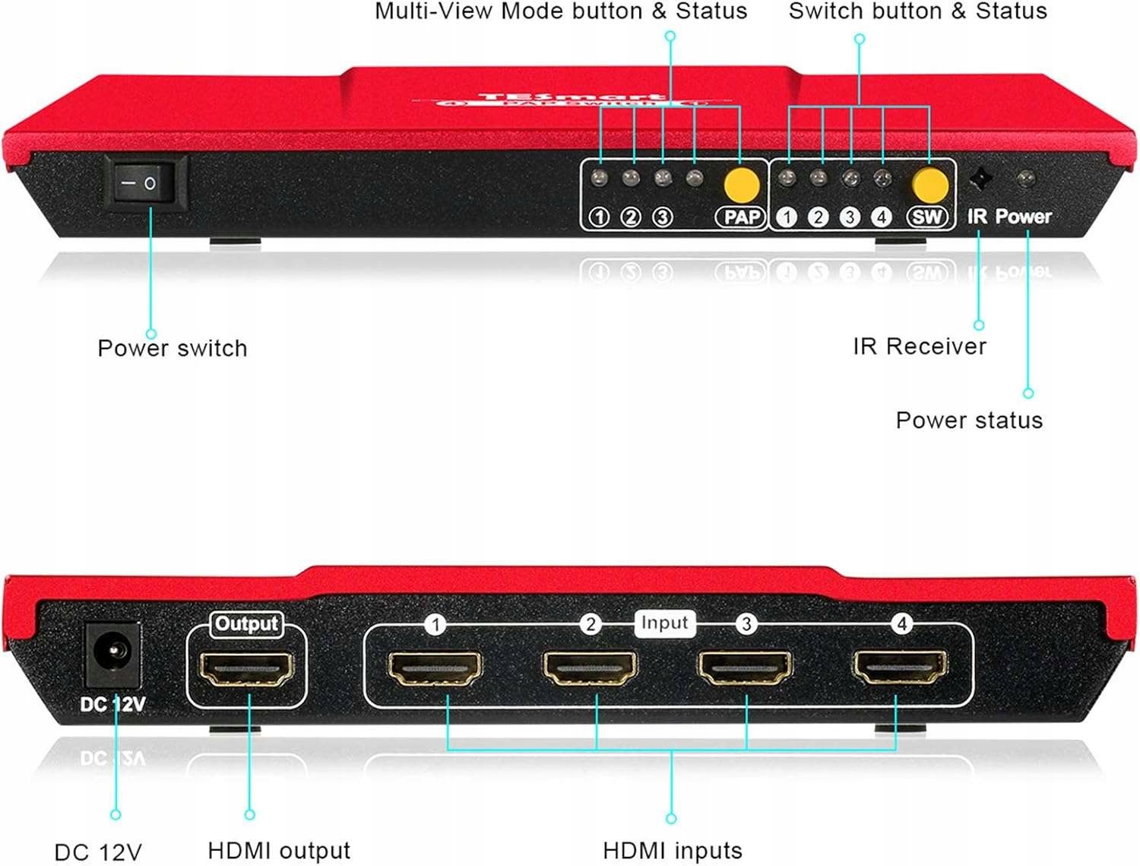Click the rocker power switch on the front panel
point(145,182)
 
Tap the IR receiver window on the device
point(980,180)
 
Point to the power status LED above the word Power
point(1025,179)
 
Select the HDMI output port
point(246,669)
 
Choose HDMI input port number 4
point(901,667)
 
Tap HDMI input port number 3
point(746,668)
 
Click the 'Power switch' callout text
point(173,348)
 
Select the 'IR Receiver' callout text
point(919,347)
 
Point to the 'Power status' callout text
point(969,420)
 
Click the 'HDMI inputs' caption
point(672,851)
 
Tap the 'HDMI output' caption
point(279,851)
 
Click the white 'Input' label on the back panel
point(664,623)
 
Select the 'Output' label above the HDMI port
point(246,624)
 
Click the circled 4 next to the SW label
point(881,217)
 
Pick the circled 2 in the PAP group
point(631,217)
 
